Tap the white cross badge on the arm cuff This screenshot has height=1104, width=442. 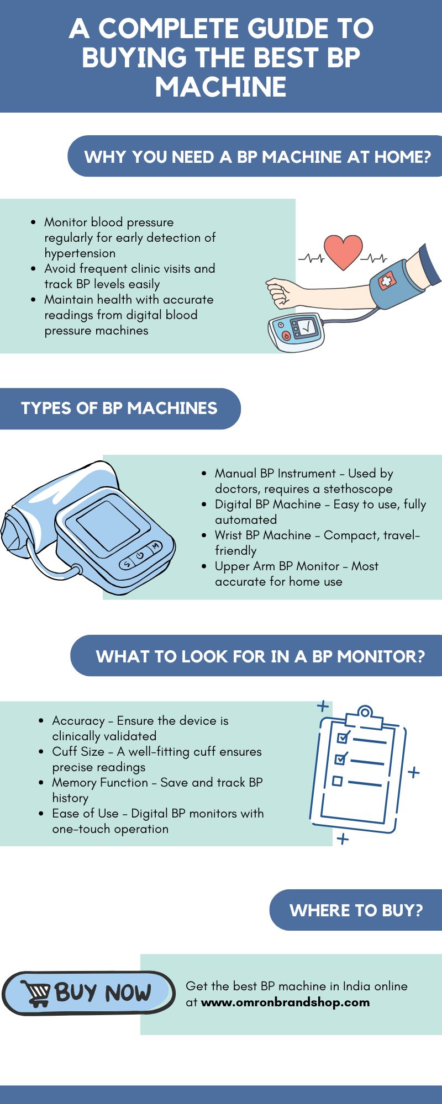point(386,282)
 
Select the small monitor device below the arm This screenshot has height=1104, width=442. point(296,332)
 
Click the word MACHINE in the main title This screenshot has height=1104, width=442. point(221,87)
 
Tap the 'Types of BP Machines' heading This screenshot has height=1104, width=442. point(119,408)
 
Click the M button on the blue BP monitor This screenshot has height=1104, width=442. point(156,546)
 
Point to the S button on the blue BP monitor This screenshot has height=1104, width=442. point(127,564)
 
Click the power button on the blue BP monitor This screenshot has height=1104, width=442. point(141,555)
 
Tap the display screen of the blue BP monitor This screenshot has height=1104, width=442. point(108,525)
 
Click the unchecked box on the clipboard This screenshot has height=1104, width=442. point(337,781)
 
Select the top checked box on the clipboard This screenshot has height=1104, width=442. point(343,737)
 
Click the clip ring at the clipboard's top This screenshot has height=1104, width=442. point(365,712)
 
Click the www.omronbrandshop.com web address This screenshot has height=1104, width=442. point(285,1002)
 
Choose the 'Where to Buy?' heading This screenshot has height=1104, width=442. point(356,910)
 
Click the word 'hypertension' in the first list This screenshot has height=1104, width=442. point(80,253)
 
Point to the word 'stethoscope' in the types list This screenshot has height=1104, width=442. point(358,489)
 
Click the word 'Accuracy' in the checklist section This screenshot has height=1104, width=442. point(78,721)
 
